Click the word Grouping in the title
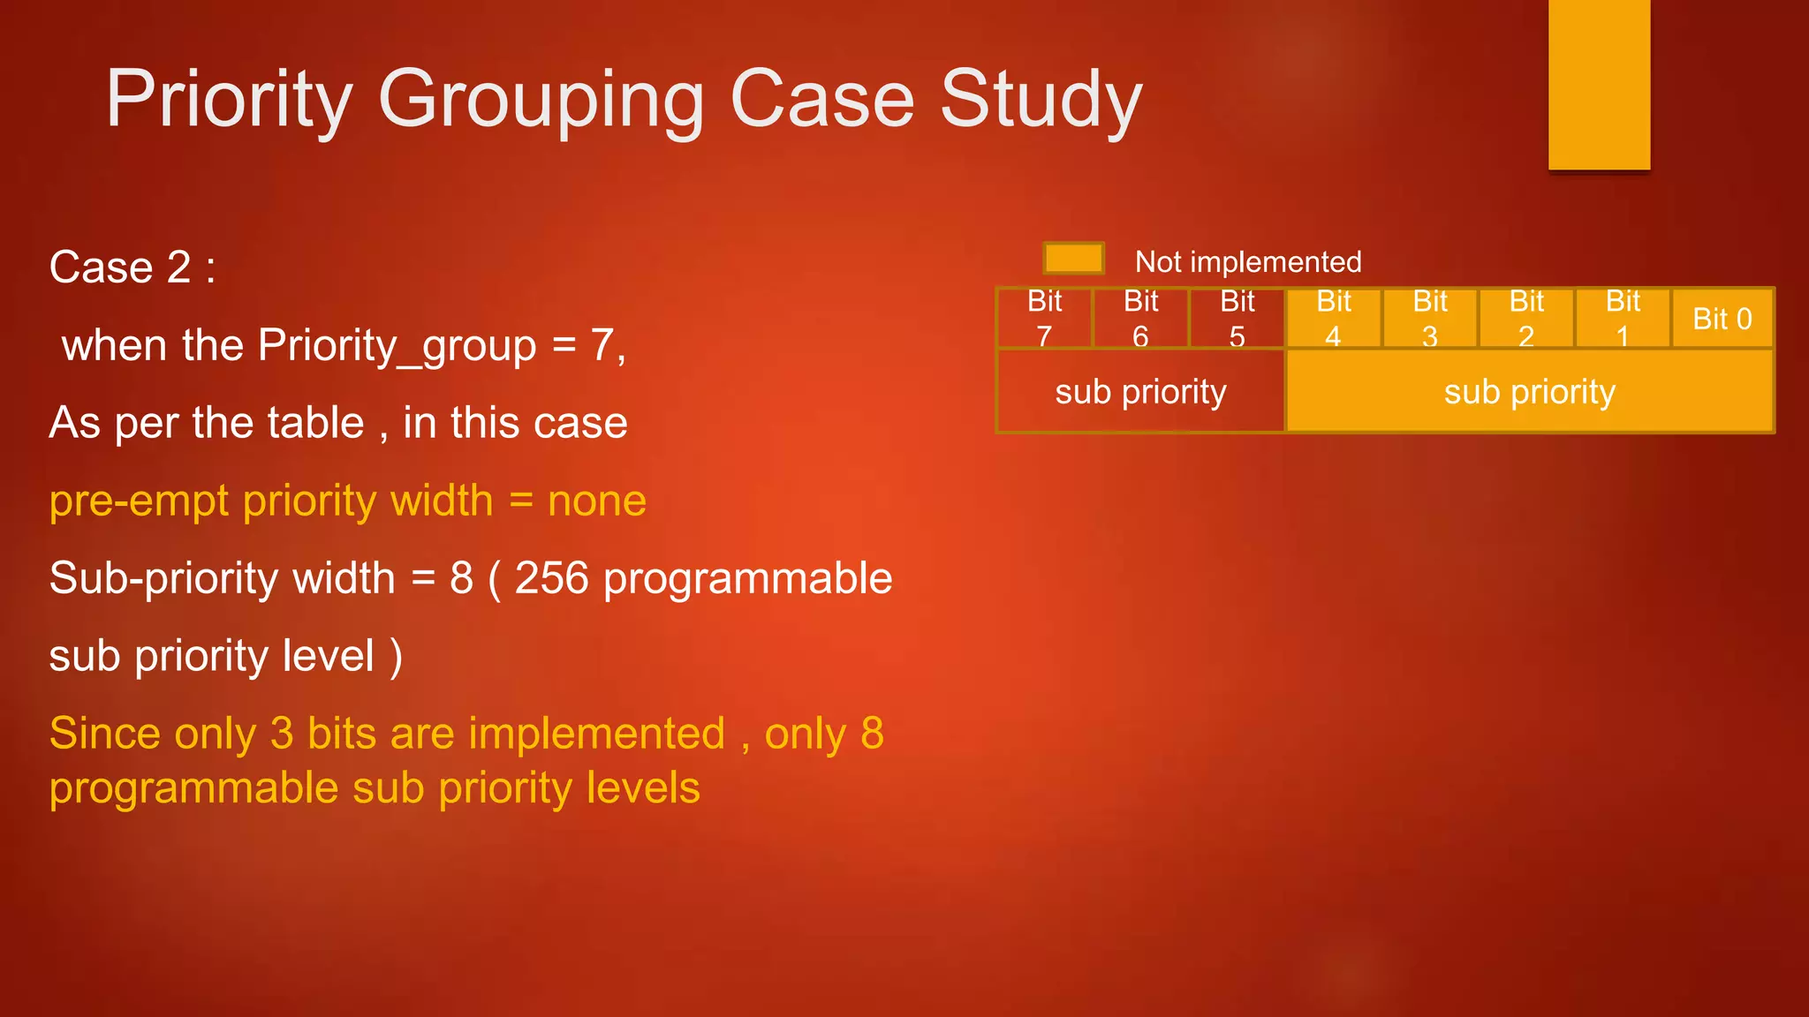coord(541,100)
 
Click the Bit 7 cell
coord(1044,319)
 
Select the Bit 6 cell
coord(1140,319)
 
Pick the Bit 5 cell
coord(1237,319)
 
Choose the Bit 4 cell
coord(1333,319)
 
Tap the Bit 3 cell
coord(1429,319)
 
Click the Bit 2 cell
coord(1525,319)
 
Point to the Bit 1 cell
coord(1622,319)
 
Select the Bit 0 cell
coord(1722,319)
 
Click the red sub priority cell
coord(1140,391)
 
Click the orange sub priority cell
coord(1529,391)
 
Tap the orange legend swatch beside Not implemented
coord(1073,259)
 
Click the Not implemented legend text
coord(1247,262)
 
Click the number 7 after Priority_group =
coord(602,345)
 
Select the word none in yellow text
coord(597,501)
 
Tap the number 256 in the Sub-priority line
coord(551,578)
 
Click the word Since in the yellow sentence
coord(105,734)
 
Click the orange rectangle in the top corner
coord(1599,84)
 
